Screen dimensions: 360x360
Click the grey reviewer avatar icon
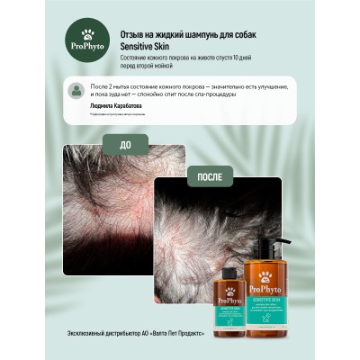[x=79, y=89]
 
